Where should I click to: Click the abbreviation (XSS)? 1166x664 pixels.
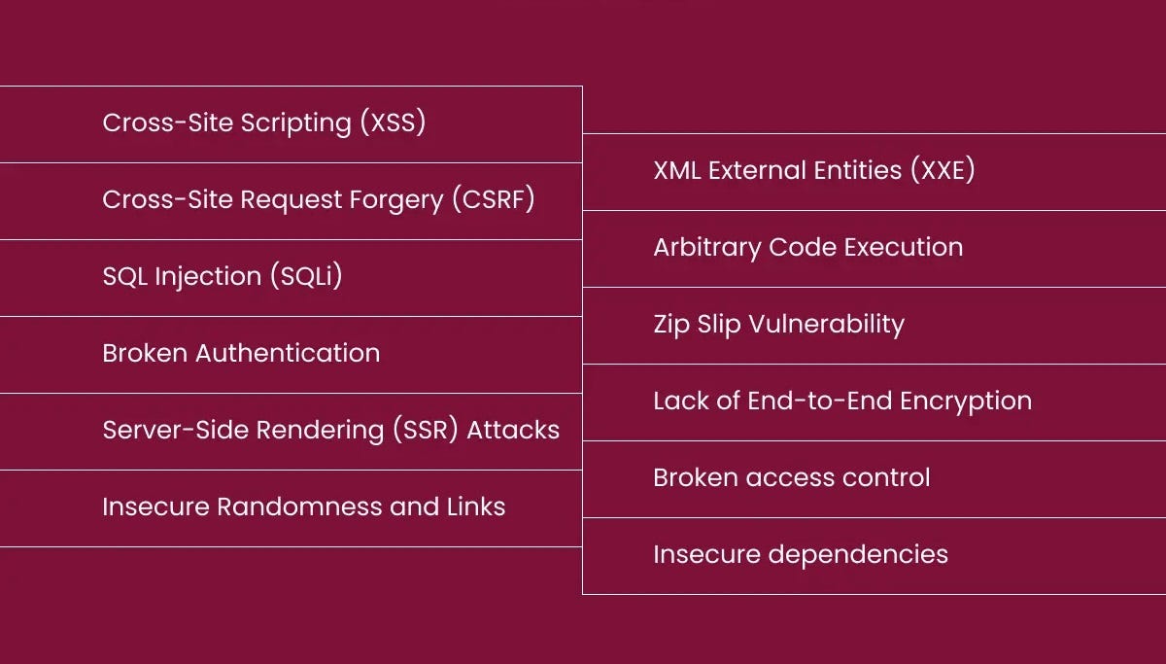tap(393, 123)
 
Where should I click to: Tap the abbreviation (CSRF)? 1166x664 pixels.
tap(493, 200)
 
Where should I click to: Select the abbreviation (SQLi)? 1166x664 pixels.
tap(305, 277)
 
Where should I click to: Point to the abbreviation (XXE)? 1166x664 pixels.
tap(943, 171)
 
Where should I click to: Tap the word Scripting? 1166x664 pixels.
tap(296, 123)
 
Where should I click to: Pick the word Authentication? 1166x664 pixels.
tap(288, 354)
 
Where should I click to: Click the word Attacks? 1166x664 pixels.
tap(513, 431)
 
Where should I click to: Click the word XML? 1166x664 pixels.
tap(676, 171)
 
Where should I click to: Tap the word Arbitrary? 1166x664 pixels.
tap(706, 248)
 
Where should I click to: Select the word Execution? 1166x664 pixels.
tap(903, 248)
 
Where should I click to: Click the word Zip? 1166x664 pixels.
tap(669, 325)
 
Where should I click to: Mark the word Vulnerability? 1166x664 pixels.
tap(826, 325)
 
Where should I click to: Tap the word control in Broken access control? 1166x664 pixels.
tap(890, 478)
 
